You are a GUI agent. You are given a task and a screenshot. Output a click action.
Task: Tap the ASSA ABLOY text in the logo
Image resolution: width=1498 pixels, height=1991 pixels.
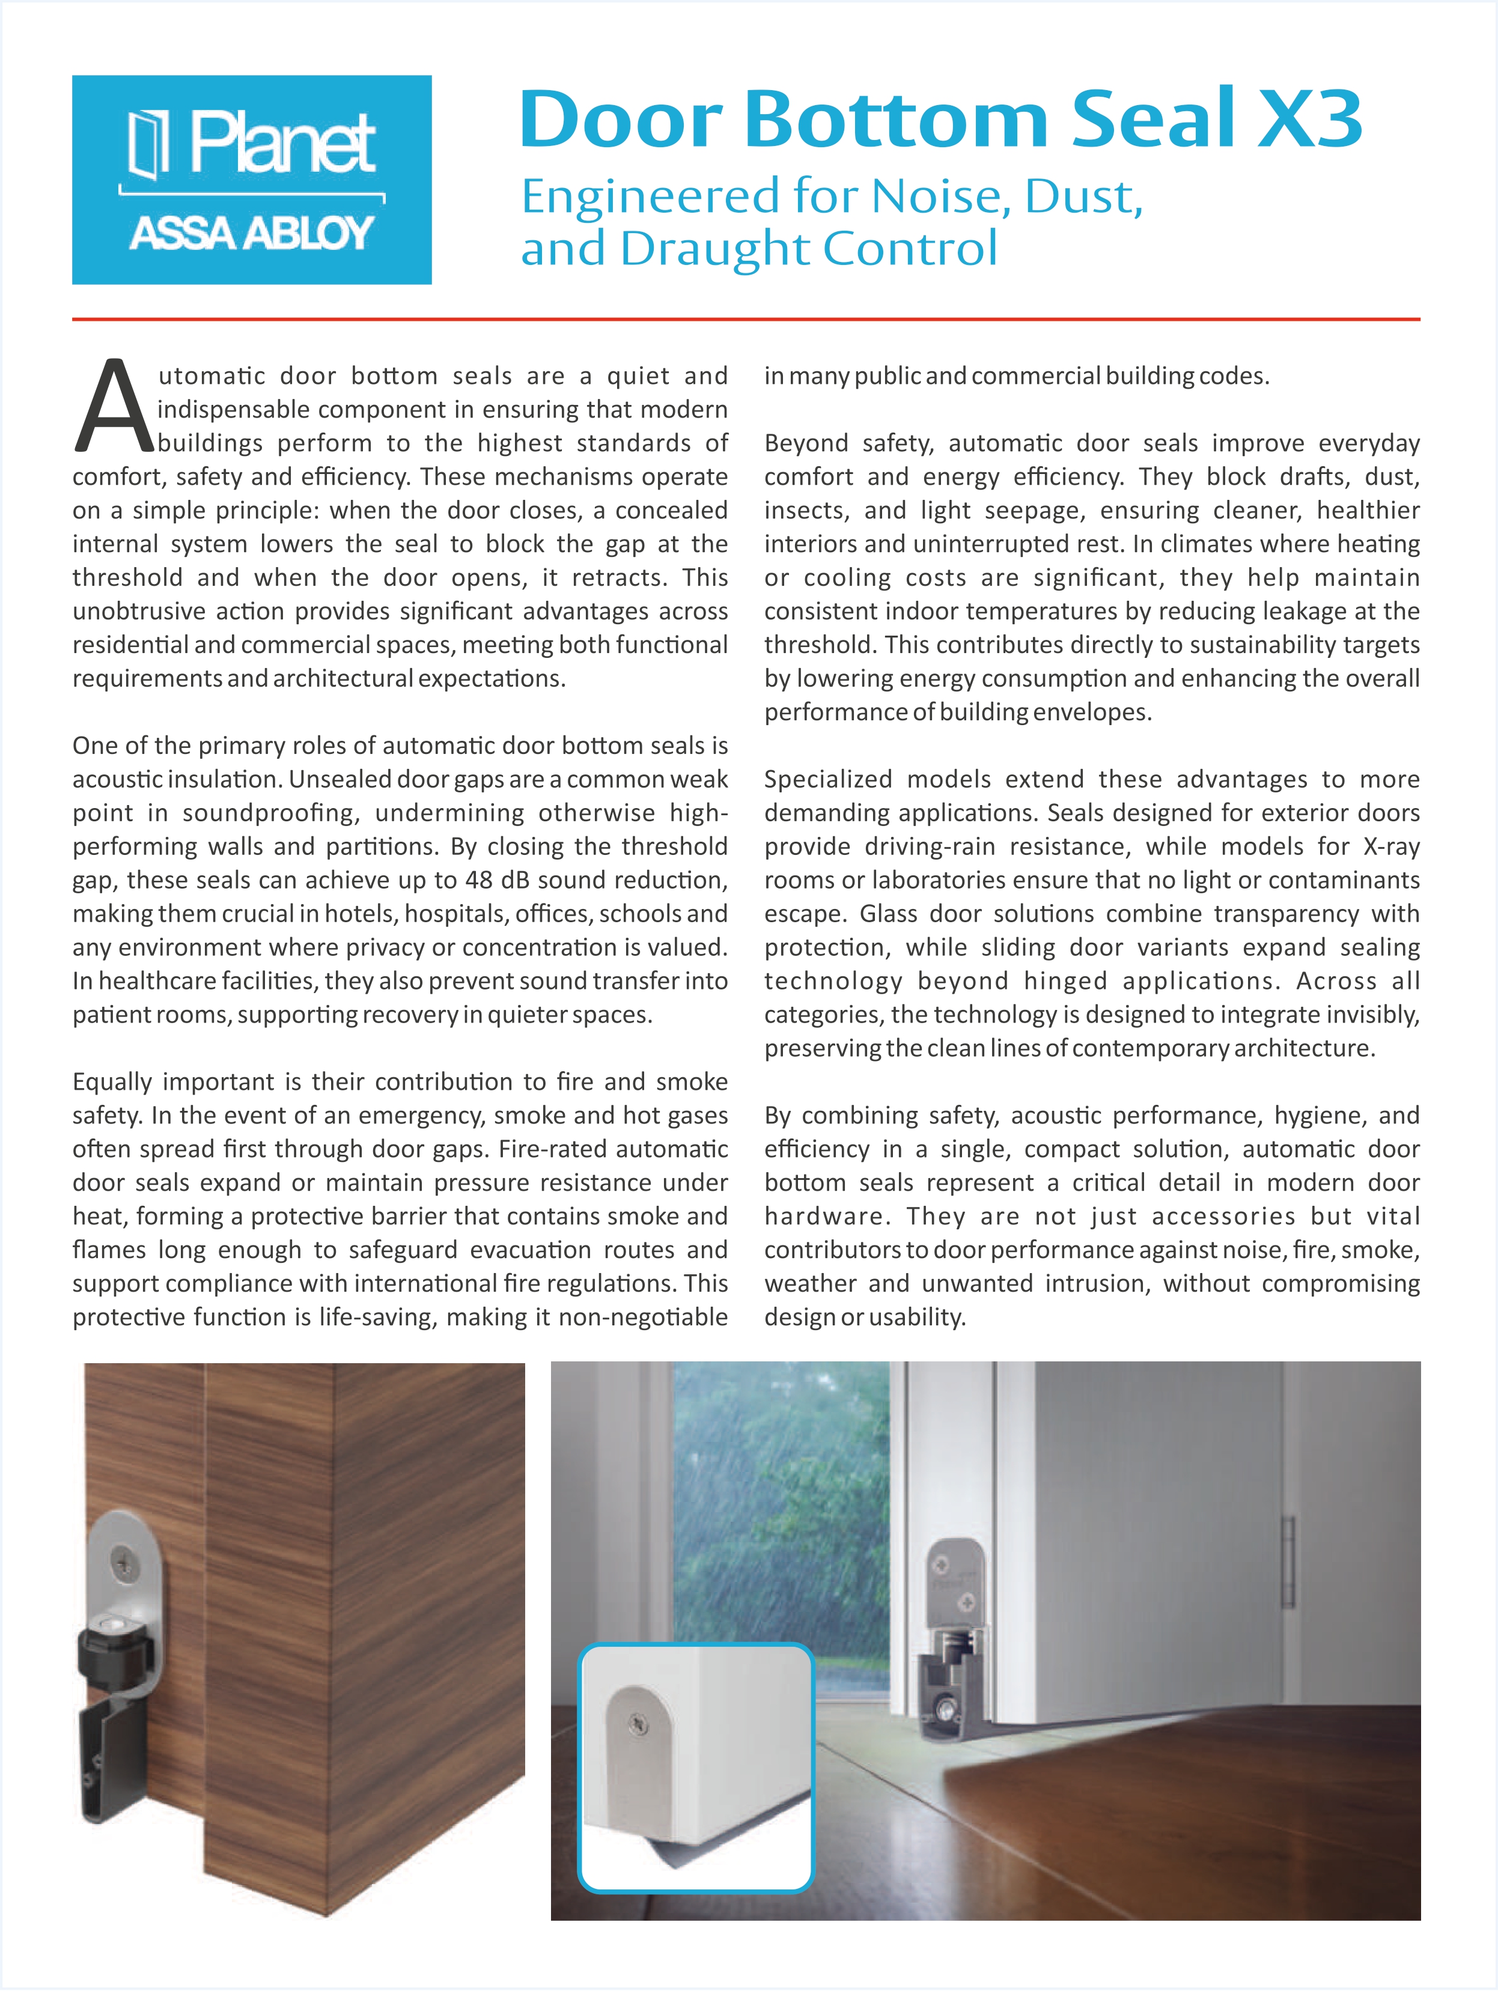click(x=251, y=233)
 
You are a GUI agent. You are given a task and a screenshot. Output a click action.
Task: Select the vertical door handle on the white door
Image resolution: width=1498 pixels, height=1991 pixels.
click(x=1289, y=1563)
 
